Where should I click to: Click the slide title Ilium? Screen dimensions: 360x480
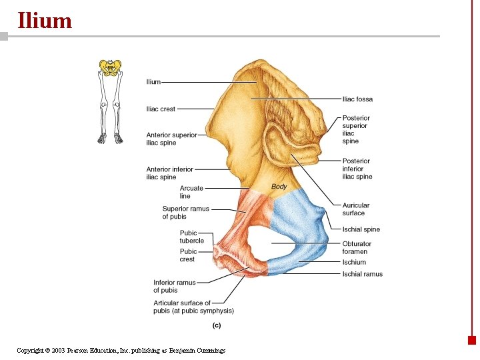click(x=44, y=21)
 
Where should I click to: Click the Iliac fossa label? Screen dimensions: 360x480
click(x=357, y=99)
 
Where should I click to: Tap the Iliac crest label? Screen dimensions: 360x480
click(x=161, y=109)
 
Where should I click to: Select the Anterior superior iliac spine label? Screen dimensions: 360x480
click(x=171, y=139)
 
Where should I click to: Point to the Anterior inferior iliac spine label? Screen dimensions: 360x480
click(x=169, y=173)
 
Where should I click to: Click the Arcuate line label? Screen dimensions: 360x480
click(x=191, y=192)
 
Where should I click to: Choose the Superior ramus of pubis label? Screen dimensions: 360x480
click(x=185, y=213)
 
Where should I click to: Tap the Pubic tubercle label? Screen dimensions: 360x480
click(x=191, y=237)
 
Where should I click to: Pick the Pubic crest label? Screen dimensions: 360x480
click(x=188, y=255)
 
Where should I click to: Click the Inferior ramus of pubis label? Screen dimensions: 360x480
click(x=174, y=286)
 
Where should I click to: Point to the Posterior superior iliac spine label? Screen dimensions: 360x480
click(x=356, y=129)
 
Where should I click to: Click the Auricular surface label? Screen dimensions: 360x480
click(x=355, y=209)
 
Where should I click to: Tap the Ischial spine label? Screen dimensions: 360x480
click(x=361, y=229)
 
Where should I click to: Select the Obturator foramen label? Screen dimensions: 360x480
click(x=356, y=247)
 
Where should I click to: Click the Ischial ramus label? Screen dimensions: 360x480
click(x=362, y=274)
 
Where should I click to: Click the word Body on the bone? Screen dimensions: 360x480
click(x=279, y=187)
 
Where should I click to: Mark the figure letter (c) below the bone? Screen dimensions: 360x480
click(x=216, y=325)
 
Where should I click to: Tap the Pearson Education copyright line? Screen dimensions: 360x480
click(x=121, y=351)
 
